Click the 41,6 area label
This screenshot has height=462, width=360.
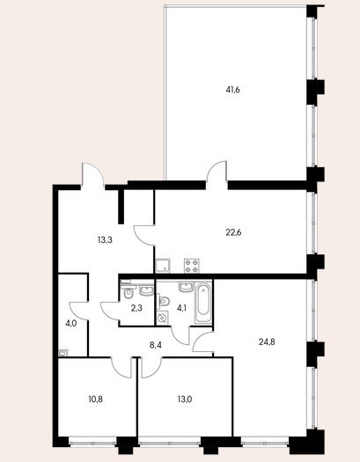point(232,90)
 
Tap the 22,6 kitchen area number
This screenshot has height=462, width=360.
point(233,233)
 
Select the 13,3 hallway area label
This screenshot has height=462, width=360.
point(105,240)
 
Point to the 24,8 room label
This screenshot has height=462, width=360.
point(267,342)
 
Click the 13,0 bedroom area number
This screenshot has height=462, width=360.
point(185,400)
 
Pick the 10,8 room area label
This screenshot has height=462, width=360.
point(96,400)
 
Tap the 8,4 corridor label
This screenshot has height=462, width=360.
point(155,345)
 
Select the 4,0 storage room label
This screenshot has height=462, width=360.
point(70,324)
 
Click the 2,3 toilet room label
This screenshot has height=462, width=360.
point(136,308)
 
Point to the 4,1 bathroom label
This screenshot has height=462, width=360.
point(181,308)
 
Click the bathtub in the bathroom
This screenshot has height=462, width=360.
point(203,303)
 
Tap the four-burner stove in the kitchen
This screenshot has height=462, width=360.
point(192,266)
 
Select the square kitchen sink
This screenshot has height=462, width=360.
point(163,266)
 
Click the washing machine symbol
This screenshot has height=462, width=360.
point(162,319)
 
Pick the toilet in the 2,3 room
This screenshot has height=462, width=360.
point(129,291)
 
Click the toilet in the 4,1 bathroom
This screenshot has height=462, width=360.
point(163,302)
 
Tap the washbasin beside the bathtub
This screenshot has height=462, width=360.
point(186,287)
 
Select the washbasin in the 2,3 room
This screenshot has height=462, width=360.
point(146,290)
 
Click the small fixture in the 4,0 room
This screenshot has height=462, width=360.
point(63,352)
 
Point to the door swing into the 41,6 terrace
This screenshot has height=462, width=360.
point(217,172)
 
